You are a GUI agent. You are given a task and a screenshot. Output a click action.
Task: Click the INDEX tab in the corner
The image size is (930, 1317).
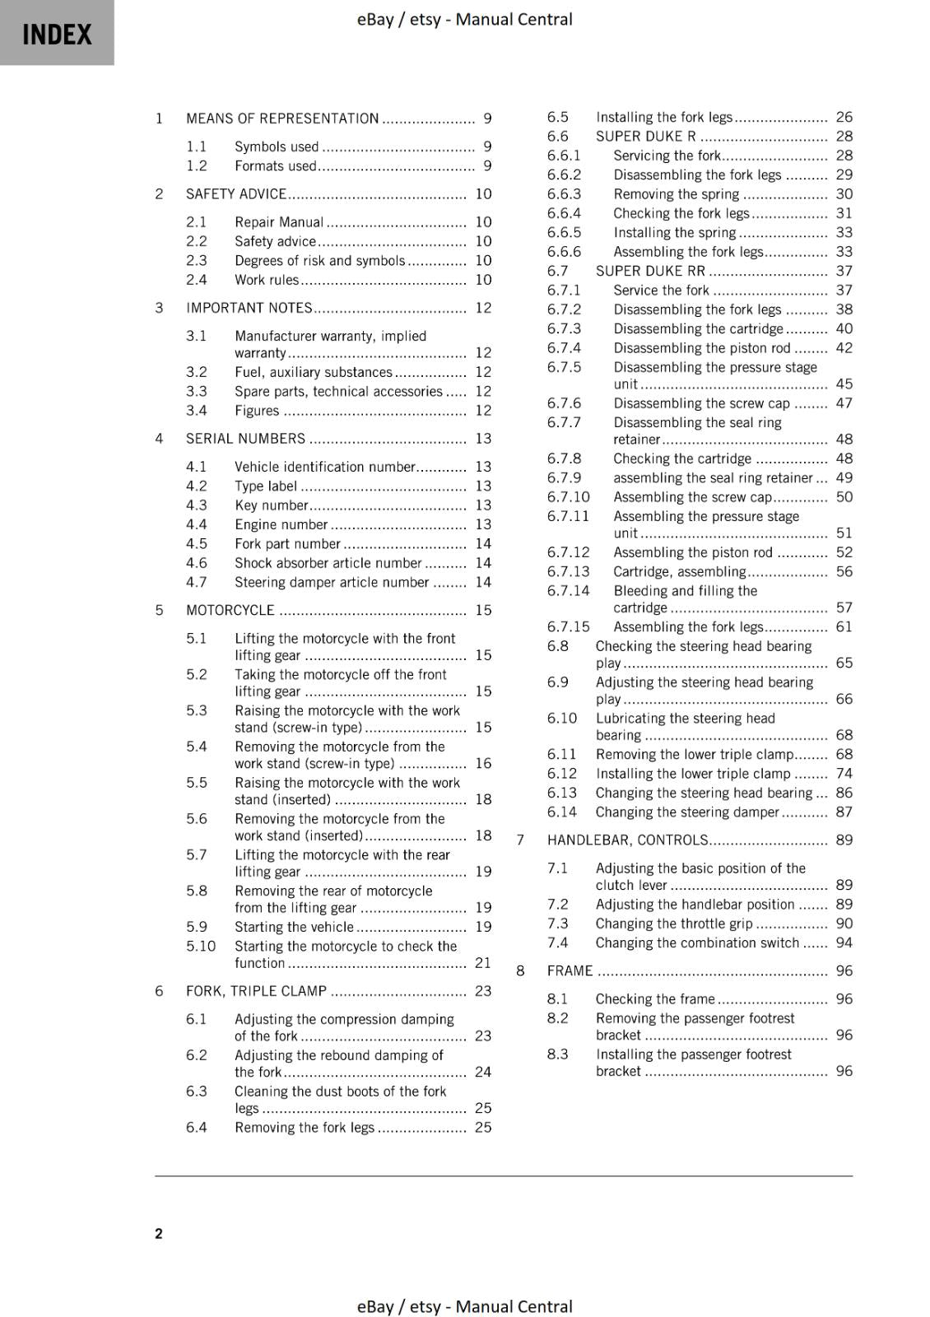tap(57, 34)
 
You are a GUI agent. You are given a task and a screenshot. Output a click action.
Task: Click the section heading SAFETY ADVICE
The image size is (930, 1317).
tap(236, 194)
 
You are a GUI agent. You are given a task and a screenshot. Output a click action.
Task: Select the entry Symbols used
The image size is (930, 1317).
tap(277, 147)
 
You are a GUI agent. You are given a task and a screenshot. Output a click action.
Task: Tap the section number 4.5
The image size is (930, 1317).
tap(197, 544)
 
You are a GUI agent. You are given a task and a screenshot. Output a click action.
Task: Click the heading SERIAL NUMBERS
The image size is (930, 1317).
tap(245, 439)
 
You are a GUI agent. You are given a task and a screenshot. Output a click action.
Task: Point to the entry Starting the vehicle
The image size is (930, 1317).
tap(294, 927)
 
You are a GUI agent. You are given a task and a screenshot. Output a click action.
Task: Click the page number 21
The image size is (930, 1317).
tap(483, 963)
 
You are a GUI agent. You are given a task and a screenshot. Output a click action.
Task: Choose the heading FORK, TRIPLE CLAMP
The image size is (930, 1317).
tap(256, 991)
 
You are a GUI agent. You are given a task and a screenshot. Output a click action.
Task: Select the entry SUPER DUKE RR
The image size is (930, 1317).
tap(650, 271)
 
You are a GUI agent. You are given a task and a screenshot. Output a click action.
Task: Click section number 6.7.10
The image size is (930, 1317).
tap(569, 497)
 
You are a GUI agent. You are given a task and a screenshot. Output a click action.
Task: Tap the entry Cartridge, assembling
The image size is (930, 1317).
tap(679, 572)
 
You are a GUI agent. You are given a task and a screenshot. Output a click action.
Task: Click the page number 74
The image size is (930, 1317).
tap(844, 774)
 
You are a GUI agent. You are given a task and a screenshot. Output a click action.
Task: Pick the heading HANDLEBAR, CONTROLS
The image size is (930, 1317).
tap(627, 840)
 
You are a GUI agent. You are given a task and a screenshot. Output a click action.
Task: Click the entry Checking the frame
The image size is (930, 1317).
tap(655, 999)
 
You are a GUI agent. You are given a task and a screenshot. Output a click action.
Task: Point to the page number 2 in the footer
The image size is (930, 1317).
tap(159, 1233)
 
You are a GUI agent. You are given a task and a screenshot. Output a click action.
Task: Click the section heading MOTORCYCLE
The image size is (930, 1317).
tap(230, 611)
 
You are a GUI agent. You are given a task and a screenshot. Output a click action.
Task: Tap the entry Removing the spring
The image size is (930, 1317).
tap(677, 194)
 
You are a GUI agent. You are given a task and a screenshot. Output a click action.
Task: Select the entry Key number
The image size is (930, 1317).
tap(272, 505)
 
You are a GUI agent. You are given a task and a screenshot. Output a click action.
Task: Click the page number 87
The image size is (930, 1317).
tap(844, 812)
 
